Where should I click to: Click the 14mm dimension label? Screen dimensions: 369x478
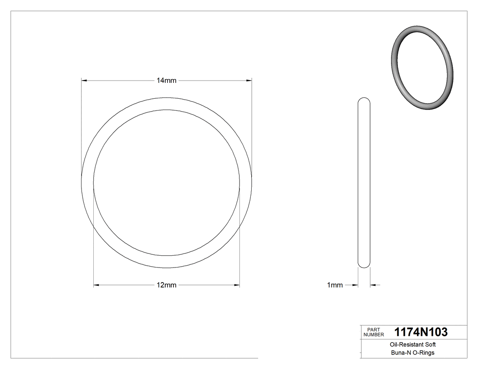(x=166, y=81)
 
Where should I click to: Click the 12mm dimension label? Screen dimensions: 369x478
(x=166, y=285)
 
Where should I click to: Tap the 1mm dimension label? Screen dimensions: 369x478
(x=335, y=285)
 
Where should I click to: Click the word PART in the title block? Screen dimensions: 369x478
(x=373, y=329)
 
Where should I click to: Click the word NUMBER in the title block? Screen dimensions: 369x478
(x=374, y=334)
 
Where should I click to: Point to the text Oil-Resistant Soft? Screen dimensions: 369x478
(x=413, y=345)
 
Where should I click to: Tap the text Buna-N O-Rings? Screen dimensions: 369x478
(x=413, y=353)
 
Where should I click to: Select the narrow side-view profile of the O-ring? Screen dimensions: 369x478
(x=364, y=182)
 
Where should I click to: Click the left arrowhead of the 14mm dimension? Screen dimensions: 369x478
(x=84, y=81)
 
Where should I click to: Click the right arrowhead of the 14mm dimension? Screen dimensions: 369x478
(x=249, y=81)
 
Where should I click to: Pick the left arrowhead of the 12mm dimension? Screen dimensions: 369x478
(x=96, y=285)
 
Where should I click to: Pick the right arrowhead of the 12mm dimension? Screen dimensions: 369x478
(x=237, y=285)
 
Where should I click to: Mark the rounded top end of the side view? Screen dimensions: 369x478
(x=364, y=100)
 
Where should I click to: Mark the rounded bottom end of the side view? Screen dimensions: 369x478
(x=364, y=265)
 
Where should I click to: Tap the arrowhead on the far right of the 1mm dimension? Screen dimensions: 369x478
(x=372, y=285)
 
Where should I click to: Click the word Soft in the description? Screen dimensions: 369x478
(x=430, y=345)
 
